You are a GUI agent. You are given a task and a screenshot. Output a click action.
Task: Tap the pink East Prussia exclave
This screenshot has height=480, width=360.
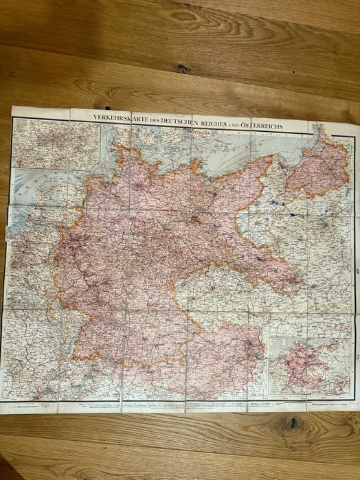tap(317, 168)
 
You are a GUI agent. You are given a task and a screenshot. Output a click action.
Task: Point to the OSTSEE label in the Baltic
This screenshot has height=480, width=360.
tap(227, 147)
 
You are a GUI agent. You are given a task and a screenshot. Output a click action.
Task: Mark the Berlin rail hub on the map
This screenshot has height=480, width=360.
tap(195, 220)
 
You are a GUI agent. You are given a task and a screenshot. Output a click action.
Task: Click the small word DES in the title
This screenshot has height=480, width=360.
tap(161, 118)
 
